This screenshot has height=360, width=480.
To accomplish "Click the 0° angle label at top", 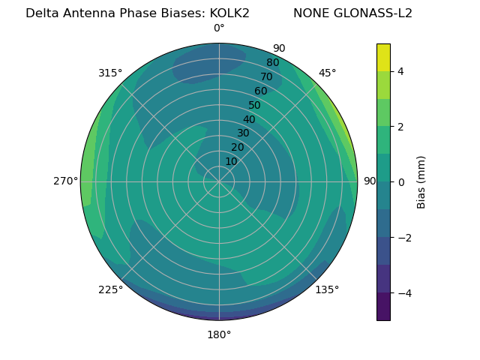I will pyautogui.click(x=219, y=28).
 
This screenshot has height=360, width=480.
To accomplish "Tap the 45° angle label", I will pyautogui.click(x=327, y=73).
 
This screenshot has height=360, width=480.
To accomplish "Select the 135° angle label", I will pyautogui.click(x=327, y=289).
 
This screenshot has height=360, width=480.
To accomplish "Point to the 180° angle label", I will pyautogui.click(x=219, y=334).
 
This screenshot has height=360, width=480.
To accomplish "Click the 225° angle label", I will pyautogui.click(x=110, y=289).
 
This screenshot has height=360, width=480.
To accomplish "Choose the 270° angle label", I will pyautogui.click(x=66, y=181).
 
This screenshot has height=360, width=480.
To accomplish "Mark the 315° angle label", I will pyautogui.click(x=110, y=73).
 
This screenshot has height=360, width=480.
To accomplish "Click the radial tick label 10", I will pyautogui.click(x=231, y=161).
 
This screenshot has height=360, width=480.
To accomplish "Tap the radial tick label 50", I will pyautogui.click(x=254, y=106).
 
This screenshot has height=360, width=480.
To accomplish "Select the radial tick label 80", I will pyautogui.click(x=272, y=63).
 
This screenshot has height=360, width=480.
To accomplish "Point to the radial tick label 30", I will pyautogui.click(x=243, y=133).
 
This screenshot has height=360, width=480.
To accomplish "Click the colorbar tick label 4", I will pyautogui.click(x=400, y=71).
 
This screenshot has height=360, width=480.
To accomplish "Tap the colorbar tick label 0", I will pyautogui.click(x=400, y=182).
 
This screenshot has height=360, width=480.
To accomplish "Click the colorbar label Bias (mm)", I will pyautogui.click(x=421, y=182).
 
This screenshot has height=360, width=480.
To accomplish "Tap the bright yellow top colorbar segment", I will pyautogui.click(x=383, y=57).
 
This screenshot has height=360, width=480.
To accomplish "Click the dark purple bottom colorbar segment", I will pyautogui.click(x=383, y=307).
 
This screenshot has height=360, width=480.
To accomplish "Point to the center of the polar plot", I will pyautogui.click(x=219, y=181).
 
